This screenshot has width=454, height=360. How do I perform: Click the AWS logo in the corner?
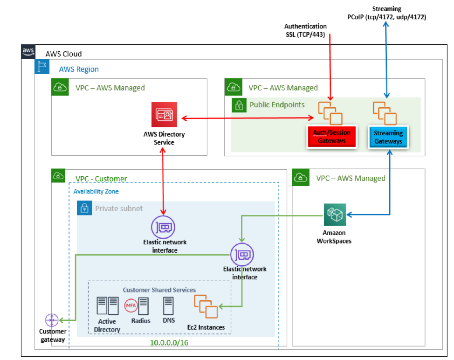(28, 51)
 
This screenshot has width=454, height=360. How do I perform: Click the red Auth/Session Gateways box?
(331, 137)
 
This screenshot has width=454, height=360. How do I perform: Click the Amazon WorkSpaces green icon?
(335, 215)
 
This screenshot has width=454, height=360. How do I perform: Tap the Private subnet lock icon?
(84, 208)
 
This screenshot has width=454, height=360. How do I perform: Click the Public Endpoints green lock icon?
(239, 105)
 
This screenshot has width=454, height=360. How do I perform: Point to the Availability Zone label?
(96, 191)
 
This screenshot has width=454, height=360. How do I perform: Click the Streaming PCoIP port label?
(386, 13)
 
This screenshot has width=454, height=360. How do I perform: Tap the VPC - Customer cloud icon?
(59, 176)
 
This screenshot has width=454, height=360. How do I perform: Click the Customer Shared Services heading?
(159, 290)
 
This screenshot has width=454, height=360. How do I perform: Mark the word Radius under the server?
(141, 321)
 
